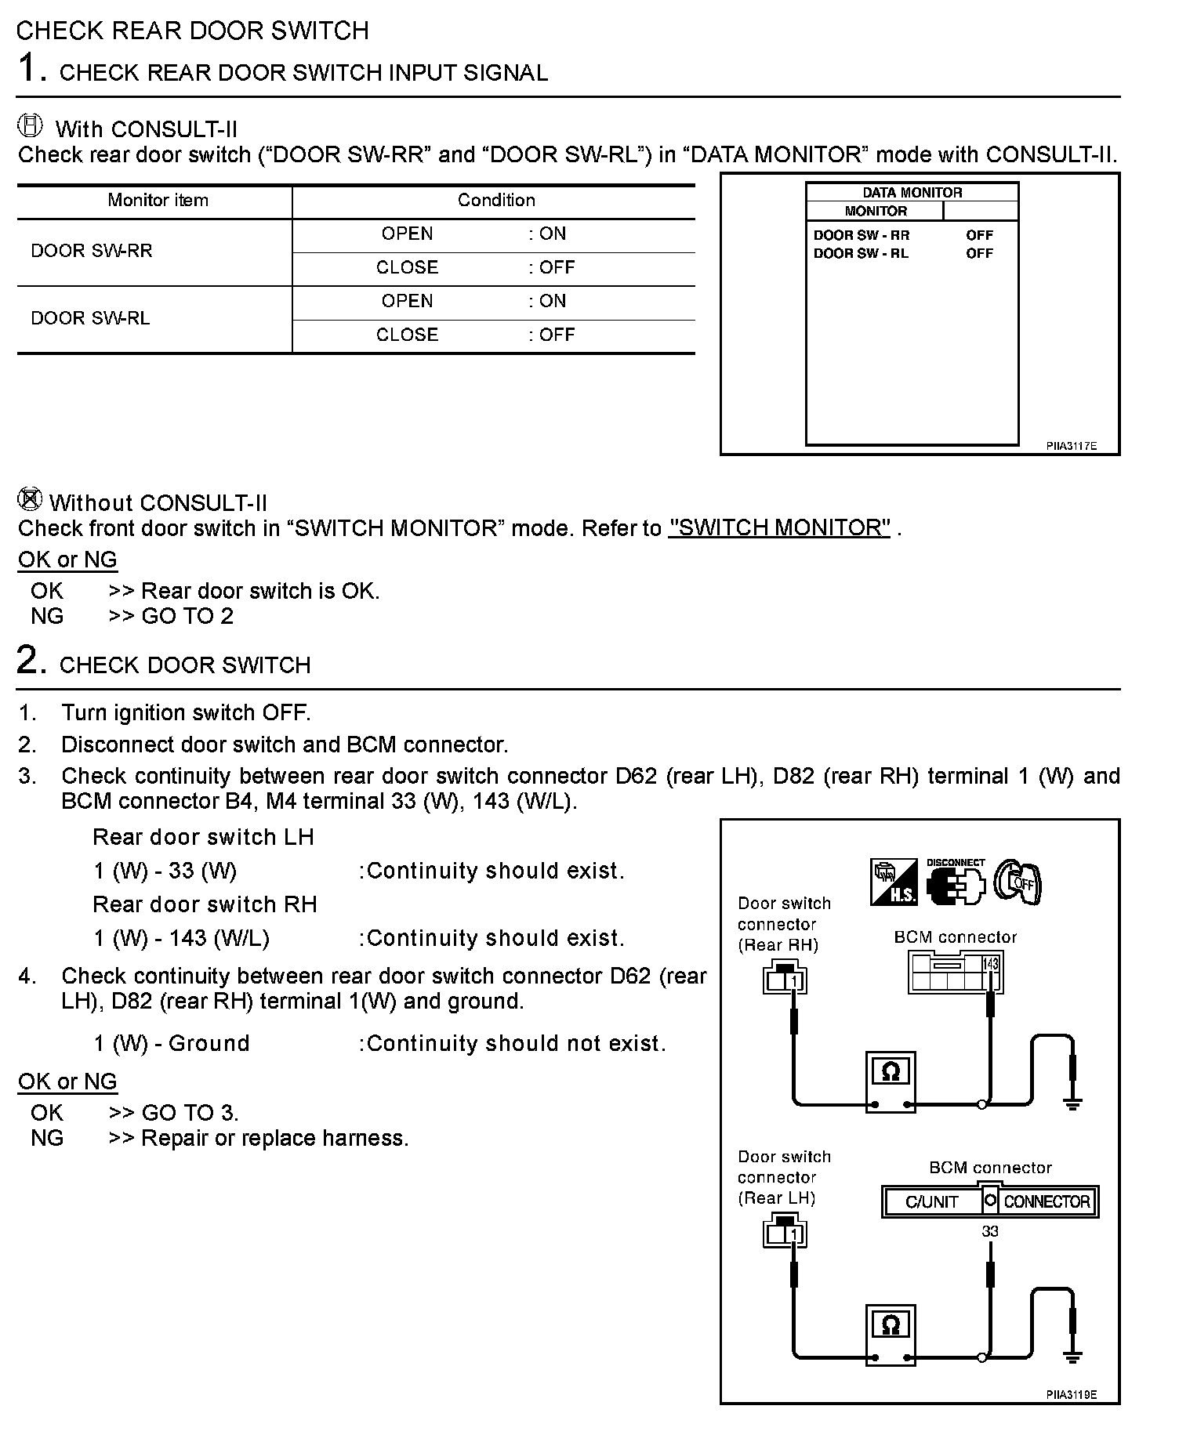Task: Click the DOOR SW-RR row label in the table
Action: coord(92,251)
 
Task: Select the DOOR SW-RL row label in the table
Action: coord(90,318)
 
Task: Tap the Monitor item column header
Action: coord(158,201)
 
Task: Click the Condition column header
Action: coord(496,201)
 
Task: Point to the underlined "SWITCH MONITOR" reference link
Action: coord(779,528)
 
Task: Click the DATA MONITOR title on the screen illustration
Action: coord(912,193)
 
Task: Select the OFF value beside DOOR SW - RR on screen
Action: coord(979,235)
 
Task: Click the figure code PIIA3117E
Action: coord(1071,446)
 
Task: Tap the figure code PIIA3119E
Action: coord(1071,1394)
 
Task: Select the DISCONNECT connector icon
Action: coord(955,882)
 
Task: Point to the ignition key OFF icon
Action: coord(1018,882)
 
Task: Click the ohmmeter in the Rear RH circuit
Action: coord(891,1081)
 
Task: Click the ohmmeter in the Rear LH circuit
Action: coord(891,1335)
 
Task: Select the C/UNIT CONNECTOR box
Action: coord(990,1201)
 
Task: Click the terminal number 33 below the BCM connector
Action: coord(990,1231)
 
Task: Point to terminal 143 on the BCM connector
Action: coord(991,964)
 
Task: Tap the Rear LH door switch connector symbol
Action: coord(785,1233)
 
